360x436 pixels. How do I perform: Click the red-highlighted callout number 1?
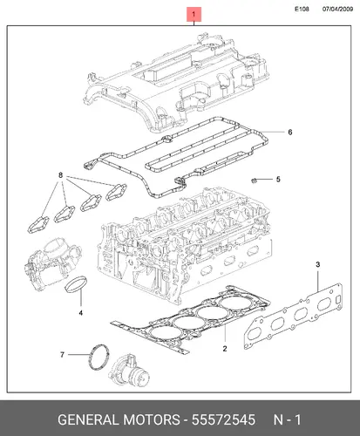194,14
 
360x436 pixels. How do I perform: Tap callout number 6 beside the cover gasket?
290,133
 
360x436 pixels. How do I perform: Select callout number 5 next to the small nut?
278,180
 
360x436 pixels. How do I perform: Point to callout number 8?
60,175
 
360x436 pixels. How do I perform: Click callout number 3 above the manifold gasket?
318,264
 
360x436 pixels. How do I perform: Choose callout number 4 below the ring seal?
81,313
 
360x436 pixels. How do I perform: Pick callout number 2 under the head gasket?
225,349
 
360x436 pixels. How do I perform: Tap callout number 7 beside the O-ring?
62,355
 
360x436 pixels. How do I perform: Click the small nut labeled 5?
254,181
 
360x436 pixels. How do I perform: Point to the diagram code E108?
302,9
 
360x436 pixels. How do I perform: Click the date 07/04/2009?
337,9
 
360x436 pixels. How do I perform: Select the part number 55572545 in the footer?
223,419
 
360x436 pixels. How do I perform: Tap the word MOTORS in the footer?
152,419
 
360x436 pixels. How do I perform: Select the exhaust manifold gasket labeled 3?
293,316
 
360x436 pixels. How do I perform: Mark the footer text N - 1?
287,419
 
